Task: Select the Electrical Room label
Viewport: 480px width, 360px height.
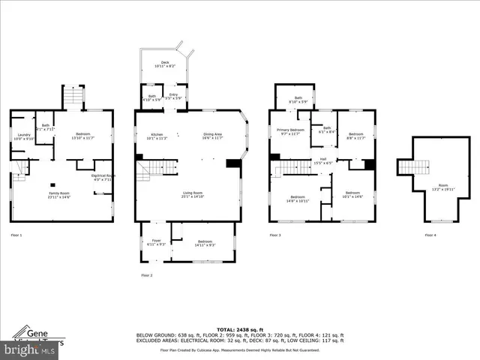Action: [x=102, y=177]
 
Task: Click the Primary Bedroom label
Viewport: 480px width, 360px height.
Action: [x=288, y=132]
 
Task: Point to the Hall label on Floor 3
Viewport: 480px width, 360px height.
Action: [x=322, y=159]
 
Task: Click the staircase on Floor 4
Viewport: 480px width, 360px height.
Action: [x=409, y=166]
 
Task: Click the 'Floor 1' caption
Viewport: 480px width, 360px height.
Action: [x=16, y=235]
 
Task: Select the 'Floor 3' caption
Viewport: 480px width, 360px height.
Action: [x=275, y=235]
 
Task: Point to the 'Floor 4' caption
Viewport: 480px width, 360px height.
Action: [x=430, y=235]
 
